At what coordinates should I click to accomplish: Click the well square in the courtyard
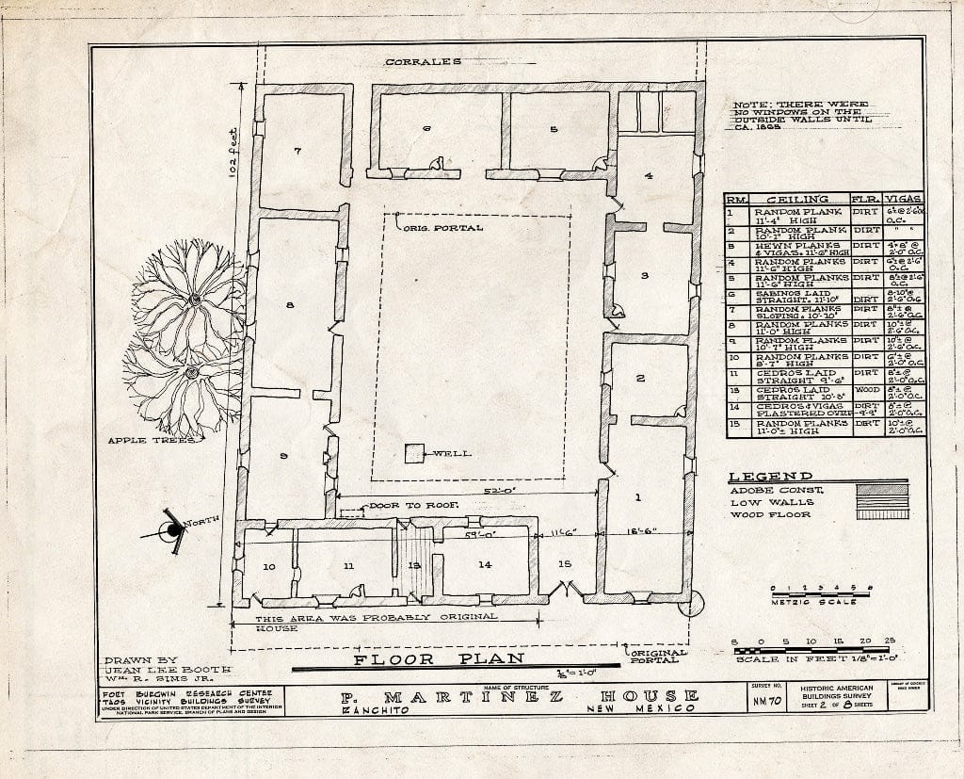[x=414, y=453]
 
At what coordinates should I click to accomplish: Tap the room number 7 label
[x=297, y=151]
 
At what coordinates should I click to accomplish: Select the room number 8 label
[x=291, y=304]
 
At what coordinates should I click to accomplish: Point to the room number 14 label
[x=485, y=564]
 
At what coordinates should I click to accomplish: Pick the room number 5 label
[x=554, y=129]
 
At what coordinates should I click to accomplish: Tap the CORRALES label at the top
[x=423, y=62]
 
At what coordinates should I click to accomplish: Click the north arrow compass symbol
[x=172, y=530]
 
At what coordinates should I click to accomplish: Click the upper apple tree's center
[x=194, y=300]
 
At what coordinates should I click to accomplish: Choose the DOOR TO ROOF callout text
[x=414, y=506]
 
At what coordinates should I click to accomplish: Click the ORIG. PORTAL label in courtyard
[x=442, y=228]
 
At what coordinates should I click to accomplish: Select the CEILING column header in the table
[x=797, y=200]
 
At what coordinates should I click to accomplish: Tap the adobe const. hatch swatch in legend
[x=883, y=490]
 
